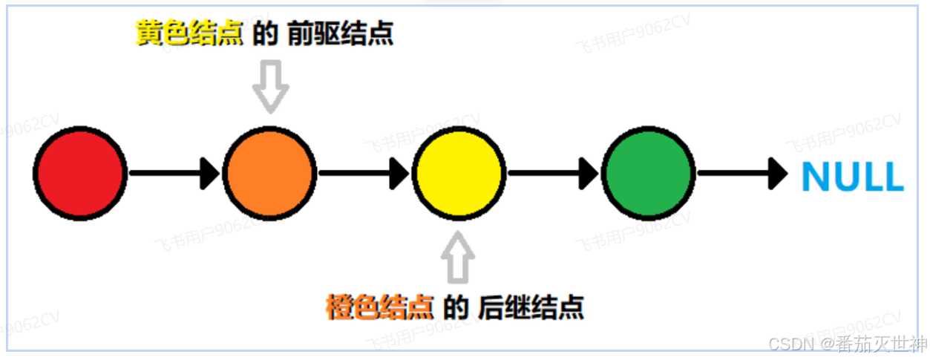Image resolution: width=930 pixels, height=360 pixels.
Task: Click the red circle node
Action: pyautogui.click(x=79, y=174)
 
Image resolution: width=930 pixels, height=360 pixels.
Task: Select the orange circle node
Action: pyautogui.click(x=269, y=174)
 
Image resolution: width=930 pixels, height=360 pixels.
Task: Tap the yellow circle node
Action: pyautogui.click(x=459, y=174)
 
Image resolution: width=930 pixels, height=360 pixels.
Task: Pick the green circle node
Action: pyautogui.click(x=648, y=174)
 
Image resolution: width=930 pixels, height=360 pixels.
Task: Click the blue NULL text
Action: pyautogui.click(x=852, y=177)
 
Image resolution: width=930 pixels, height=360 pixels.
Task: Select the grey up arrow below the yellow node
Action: pyautogui.click(x=458, y=257)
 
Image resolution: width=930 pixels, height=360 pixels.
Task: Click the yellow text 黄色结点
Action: pyautogui.click(x=189, y=33)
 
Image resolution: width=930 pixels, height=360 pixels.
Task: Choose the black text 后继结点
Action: pyautogui.click(x=531, y=307)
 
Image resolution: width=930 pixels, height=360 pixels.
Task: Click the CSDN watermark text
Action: pyautogui.click(x=791, y=344)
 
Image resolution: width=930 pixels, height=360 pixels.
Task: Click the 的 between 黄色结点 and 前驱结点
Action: pyautogui.click(x=264, y=33)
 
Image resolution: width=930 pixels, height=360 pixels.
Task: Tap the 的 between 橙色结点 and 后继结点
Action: pyautogui.click(x=455, y=307)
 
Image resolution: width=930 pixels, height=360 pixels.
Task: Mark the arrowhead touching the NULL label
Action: pyautogui.click(x=778, y=174)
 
